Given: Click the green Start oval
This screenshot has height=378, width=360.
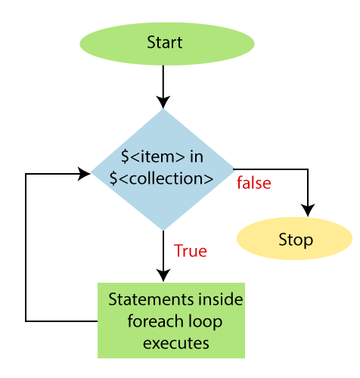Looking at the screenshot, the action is pyautogui.click(x=167, y=44).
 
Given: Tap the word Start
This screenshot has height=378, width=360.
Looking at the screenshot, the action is pyautogui.click(x=165, y=42).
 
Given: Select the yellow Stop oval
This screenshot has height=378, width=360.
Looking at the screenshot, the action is pyautogui.click(x=294, y=238).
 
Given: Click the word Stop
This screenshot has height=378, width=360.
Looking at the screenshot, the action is pyautogui.click(x=296, y=240).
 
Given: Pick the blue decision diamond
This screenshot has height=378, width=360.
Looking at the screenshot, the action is pyautogui.click(x=163, y=169).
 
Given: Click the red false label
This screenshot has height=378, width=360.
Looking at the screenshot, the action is pyautogui.click(x=254, y=182).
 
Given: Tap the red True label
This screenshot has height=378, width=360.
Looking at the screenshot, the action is pyautogui.click(x=191, y=251).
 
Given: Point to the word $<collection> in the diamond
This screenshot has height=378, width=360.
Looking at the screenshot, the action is pyautogui.click(x=162, y=178).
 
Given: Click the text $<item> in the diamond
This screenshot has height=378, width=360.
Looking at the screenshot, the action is pyautogui.click(x=153, y=156).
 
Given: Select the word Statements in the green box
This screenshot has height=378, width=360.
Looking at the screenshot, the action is pyautogui.click(x=151, y=299).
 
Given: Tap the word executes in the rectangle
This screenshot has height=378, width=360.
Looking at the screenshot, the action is pyautogui.click(x=176, y=343).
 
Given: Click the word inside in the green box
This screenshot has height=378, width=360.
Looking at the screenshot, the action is pyautogui.click(x=221, y=299).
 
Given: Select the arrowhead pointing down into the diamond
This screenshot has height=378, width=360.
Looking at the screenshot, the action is pyautogui.click(x=163, y=102).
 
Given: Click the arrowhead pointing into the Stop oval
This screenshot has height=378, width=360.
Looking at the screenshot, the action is pyautogui.click(x=308, y=210).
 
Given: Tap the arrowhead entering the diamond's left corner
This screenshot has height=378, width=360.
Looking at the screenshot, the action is pyautogui.click(x=84, y=174).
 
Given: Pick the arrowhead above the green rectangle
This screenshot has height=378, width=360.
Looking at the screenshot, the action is pyautogui.click(x=163, y=275).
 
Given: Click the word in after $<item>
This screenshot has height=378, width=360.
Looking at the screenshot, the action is pyautogui.click(x=197, y=156).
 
